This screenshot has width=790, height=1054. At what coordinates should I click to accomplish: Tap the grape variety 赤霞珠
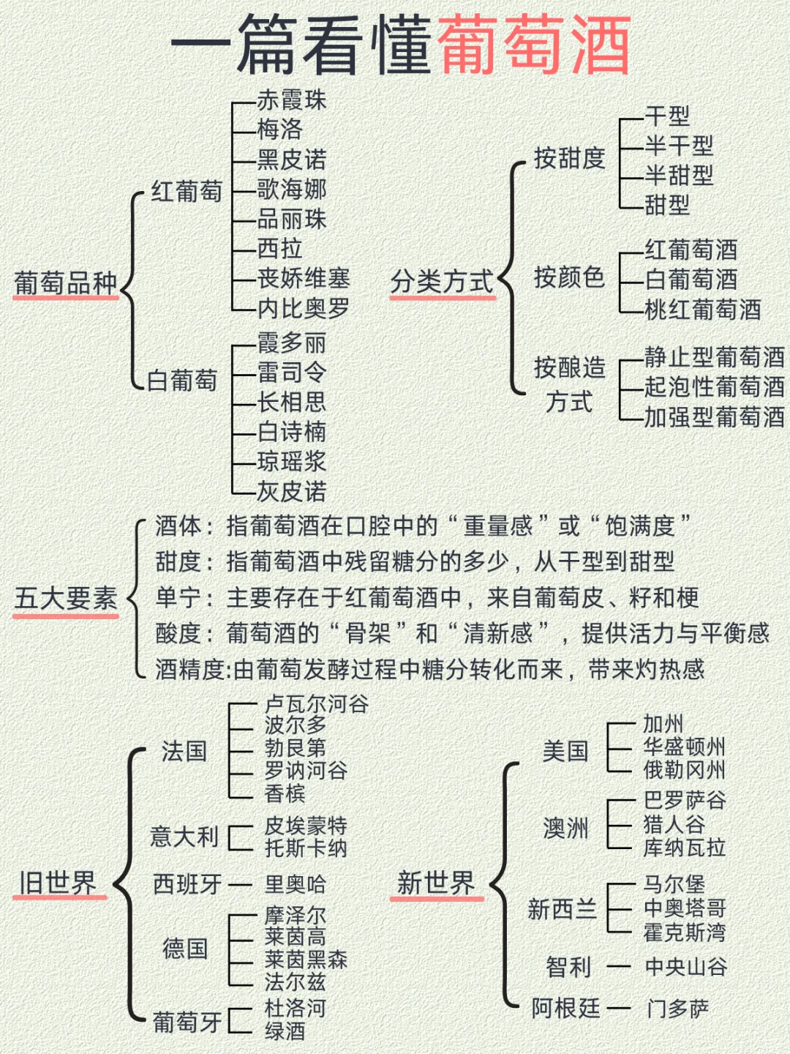coord(291,100)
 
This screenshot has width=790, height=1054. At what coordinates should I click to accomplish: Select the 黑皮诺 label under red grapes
coord(291,160)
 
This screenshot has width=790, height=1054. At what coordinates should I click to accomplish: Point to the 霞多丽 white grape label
coord(291,343)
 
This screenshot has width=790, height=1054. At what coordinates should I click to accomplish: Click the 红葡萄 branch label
coord(187,192)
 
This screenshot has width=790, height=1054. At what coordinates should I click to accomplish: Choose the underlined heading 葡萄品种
coord(66,283)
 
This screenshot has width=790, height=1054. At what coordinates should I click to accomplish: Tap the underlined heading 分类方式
coord(442,281)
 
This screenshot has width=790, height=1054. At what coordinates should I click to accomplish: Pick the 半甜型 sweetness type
coord(679,175)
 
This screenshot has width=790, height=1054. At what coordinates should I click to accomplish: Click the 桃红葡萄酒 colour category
coord(702,310)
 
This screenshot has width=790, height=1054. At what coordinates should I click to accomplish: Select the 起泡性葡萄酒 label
coord(714,386)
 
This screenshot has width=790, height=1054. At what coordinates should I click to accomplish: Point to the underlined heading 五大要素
coord(66,599)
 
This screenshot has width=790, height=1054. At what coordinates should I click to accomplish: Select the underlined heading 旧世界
coord(58,883)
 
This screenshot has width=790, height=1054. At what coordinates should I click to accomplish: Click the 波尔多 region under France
coord(296,725)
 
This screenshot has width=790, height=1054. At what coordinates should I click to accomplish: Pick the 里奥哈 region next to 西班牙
coord(296,884)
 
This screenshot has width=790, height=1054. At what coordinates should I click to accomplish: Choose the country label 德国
coord(185,949)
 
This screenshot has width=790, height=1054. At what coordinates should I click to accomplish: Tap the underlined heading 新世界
coord(436,883)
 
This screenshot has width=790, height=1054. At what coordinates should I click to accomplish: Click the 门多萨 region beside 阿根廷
coord(677,1009)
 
